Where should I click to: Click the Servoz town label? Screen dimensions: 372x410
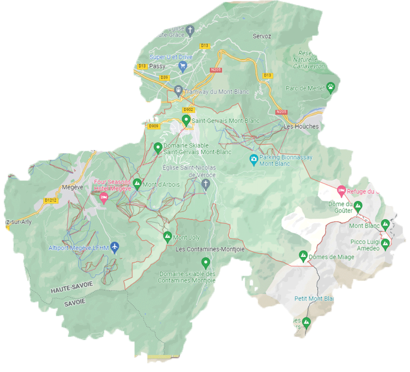pos(262,36)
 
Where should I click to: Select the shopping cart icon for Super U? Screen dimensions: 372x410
pos(183,66)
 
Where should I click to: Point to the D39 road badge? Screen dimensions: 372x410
pos(163,77)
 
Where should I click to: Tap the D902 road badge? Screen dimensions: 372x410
pos(188,110)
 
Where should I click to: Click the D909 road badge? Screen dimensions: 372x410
pos(153,127)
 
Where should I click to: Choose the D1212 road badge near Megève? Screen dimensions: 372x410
pos(51,200)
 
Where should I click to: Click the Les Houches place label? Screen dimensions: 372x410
pos(301,127)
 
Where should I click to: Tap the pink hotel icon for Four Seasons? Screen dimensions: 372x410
pos(104,197)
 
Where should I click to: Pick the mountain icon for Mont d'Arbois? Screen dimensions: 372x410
pos(137,184)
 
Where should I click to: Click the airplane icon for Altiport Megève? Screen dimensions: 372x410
pos(115,247)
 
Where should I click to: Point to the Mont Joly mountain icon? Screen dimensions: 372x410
pos(168,237)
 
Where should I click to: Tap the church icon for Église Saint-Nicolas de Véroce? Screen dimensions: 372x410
pos(205,184)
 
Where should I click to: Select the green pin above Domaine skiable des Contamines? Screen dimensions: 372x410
pos(205,263)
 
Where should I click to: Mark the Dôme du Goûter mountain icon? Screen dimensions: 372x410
pos(358,207)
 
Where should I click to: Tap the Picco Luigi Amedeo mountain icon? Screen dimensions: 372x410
pos(386,244)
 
